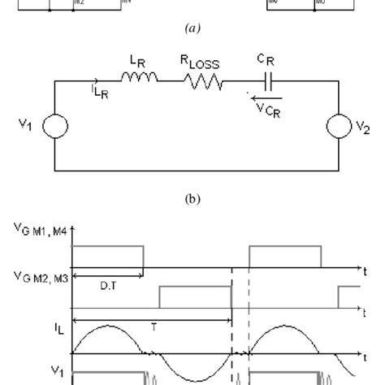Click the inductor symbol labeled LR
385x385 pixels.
point(141,80)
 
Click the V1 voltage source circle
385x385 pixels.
point(54,128)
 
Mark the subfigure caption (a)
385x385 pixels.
point(192,28)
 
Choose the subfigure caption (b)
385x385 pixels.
point(192,196)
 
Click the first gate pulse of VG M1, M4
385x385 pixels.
point(108,256)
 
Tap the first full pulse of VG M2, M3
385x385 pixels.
point(195,296)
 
